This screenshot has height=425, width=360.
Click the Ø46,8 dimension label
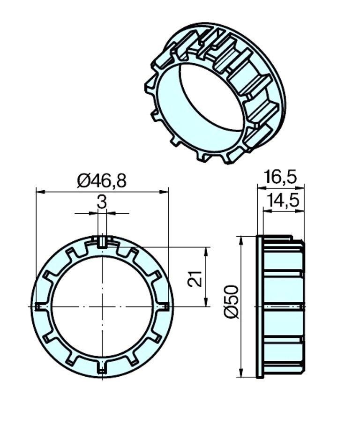coord(102,181)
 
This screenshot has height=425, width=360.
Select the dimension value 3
coord(102,202)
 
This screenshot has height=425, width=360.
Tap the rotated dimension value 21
coord(195,279)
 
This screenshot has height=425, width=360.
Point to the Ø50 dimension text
coord(231,301)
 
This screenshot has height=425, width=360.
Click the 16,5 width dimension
coord(281,177)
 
